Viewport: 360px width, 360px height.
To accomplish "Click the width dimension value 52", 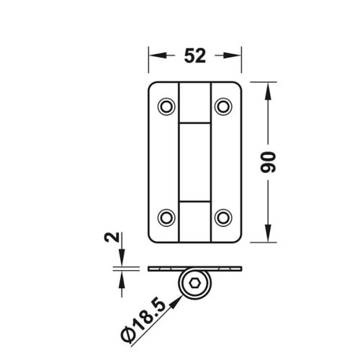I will pyautogui.click(x=193, y=55).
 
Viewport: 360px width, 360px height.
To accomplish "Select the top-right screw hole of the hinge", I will pyautogui.click(x=222, y=107).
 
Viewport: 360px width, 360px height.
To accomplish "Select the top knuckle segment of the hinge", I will pyautogui.click(x=194, y=101).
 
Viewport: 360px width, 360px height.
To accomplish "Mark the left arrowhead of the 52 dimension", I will pyautogui.click(x=154, y=55).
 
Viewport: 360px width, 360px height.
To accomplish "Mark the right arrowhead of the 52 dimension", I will pyautogui.click(x=234, y=55).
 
